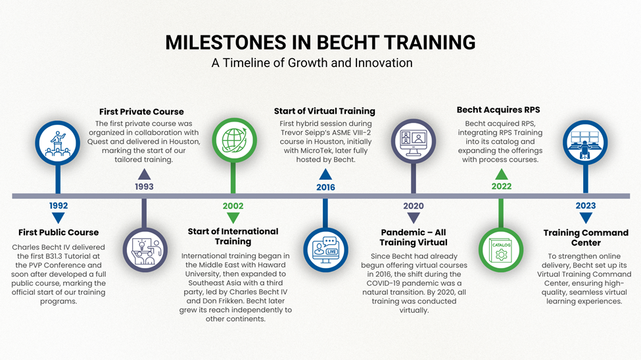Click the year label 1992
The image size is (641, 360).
click(59, 206)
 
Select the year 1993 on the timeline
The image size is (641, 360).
click(144, 187)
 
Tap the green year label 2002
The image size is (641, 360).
click(233, 206)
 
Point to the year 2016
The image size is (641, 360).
click(325, 187)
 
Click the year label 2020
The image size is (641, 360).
click(413, 206)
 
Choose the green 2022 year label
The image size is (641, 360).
click(502, 187)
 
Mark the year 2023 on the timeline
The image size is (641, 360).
click(586, 206)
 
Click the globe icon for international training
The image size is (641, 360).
click(233, 141)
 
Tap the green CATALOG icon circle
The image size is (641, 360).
click(501, 250)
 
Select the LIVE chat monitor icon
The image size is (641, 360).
click(325, 250)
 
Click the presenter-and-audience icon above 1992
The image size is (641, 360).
click(59, 141)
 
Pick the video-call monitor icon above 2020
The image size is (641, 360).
click(413, 141)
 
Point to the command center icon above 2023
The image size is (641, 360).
click(586, 141)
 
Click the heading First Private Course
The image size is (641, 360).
click(141, 112)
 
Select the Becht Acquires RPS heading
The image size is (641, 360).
click(498, 110)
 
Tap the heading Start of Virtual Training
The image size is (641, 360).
click(325, 111)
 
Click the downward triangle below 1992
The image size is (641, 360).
click(59, 218)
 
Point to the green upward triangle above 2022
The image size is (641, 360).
click(502, 174)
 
